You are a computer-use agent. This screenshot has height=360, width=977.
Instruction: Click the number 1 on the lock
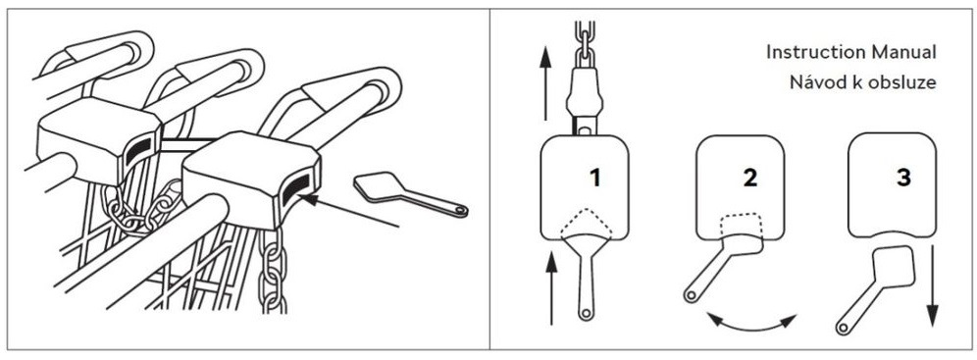pos(595,179)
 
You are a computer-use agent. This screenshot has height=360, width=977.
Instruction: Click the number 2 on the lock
pos(750,179)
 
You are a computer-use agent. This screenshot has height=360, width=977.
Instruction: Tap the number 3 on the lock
pos(902,179)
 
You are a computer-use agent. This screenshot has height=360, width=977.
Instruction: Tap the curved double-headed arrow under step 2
pos(752,325)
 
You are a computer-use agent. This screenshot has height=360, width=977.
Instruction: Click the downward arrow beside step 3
pos(932,285)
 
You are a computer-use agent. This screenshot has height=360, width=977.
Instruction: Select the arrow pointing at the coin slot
pos(348,211)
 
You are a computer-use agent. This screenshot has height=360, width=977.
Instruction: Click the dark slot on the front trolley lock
pos(296,189)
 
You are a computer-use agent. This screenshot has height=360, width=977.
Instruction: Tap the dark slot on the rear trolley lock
pos(138,151)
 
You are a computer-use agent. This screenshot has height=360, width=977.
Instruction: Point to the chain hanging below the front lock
pos(273,269)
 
